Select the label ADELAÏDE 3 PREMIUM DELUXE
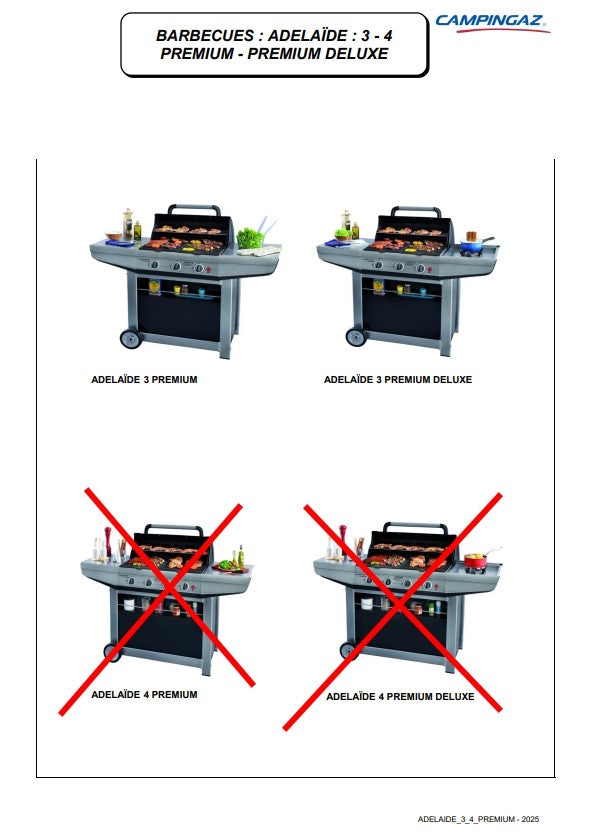(398, 380)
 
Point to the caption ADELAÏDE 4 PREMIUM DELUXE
(400, 696)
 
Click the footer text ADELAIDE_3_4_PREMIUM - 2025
(478, 819)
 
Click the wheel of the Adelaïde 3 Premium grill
(131, 339)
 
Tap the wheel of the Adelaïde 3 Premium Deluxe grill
(356, 337)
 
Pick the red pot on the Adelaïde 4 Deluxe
(476, 561)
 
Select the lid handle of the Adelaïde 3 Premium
(194, 208)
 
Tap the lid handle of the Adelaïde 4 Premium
(174, 529)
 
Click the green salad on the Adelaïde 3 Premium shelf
(250, 238)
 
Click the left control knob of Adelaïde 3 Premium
(154, 264)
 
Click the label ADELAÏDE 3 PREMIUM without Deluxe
(144, 380)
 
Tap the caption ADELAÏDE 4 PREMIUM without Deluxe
(144, 695)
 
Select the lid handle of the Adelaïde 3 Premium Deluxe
(416, 211)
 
